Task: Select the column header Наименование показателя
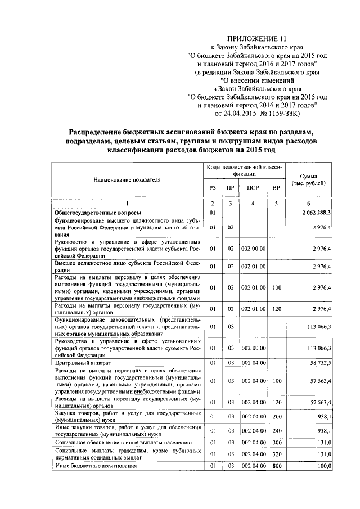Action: click(x=127, y=179)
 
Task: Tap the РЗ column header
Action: click(x=212, y=187)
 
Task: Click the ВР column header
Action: click(x=275, y=187)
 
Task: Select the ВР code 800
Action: click(x=275, y=466)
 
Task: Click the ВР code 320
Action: click(x=275, y=453)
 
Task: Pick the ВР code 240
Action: click(x=275, y=431)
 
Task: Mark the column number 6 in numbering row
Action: click(x=308, y=203)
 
